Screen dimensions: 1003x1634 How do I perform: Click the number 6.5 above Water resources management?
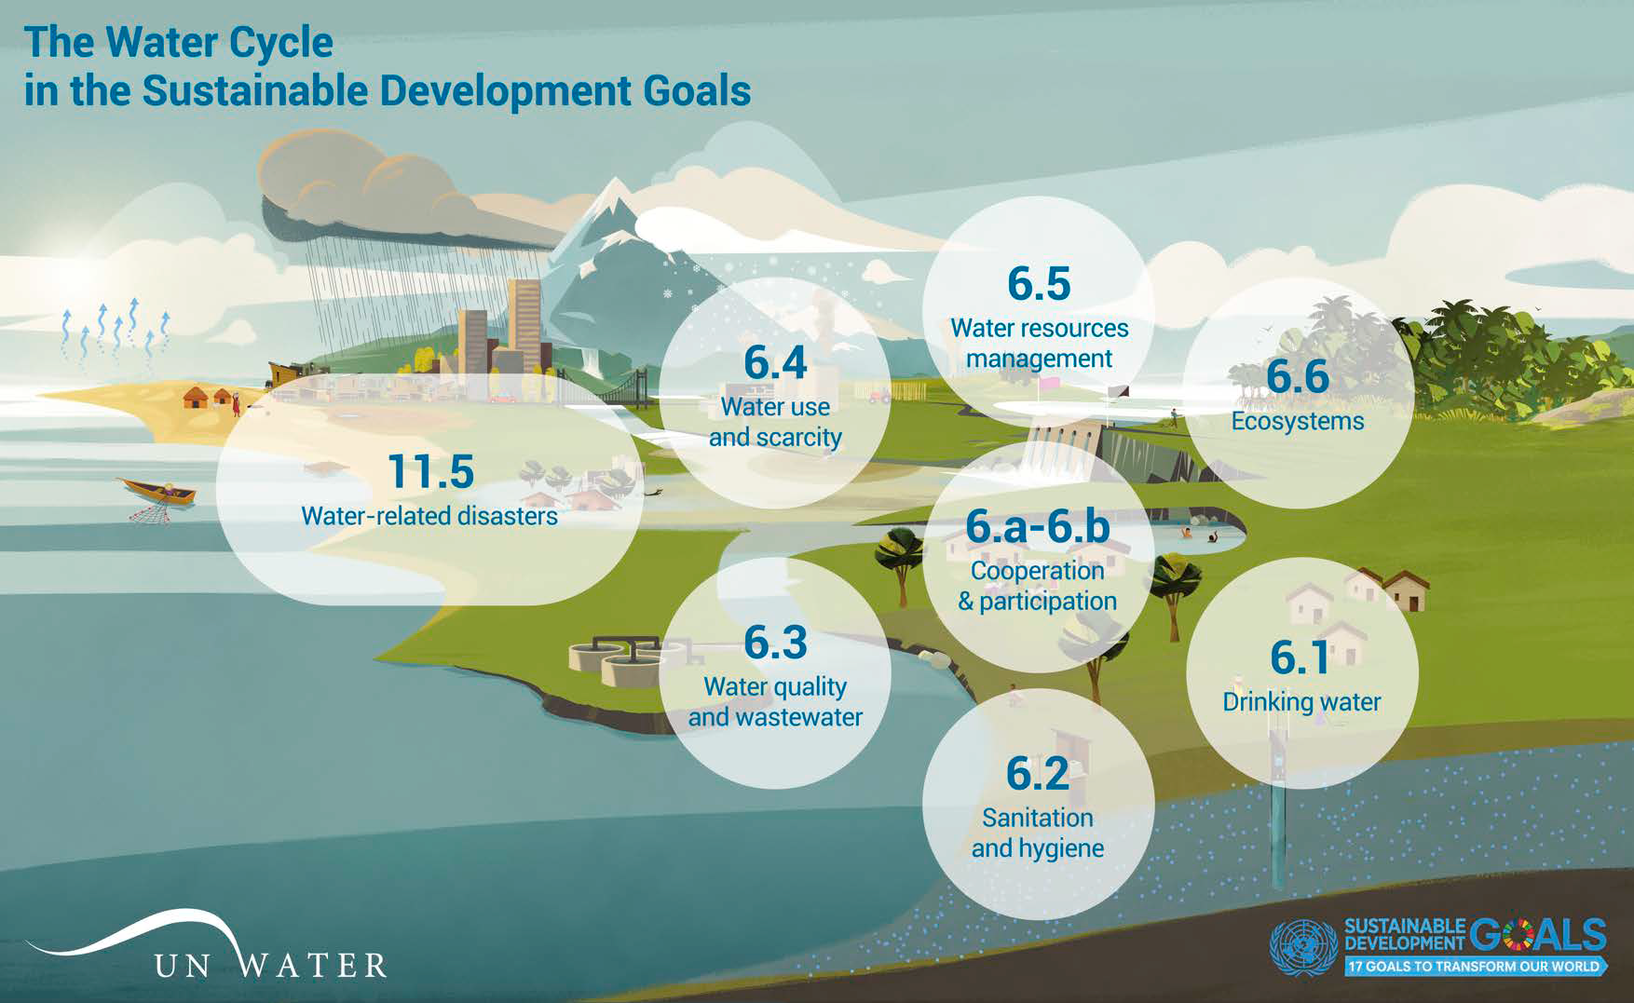[x=1039, y=284]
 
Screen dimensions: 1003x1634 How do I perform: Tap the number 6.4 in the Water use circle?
[x=775, y=363]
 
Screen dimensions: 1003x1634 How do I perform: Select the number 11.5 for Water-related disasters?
[x=430, y=471]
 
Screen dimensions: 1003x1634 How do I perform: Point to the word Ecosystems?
[x=1297, y=421]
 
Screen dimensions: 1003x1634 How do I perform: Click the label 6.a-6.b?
[x=1038, y=527]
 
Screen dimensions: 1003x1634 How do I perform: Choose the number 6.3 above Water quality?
[x=775, y=643]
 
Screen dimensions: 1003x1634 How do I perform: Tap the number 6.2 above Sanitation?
[x=1038, y=774]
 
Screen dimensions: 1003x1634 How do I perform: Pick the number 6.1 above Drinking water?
[x=1300, y=657]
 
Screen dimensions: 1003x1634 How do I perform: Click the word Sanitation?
[x=1038, y=818]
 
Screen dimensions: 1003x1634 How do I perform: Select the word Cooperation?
[x=1038, y=571]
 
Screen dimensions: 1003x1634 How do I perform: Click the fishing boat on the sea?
[x=157, y=491]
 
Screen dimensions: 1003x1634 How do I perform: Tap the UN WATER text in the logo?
[x=270, y=966]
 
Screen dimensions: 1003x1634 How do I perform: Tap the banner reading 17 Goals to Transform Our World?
[x=1475, y=967]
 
